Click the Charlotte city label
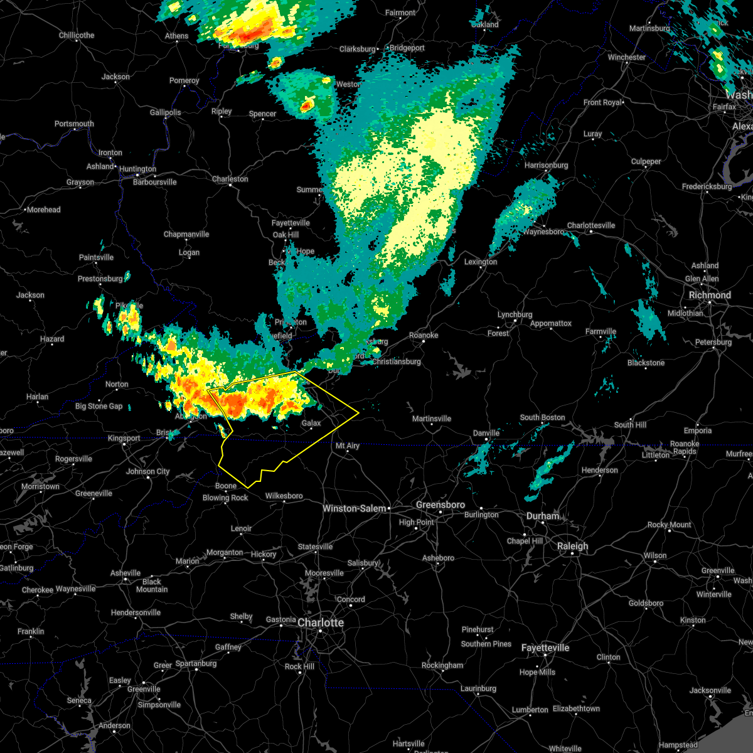pyautogui.click(x=321, y=622)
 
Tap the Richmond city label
pyautogui.click(x=710, y=295)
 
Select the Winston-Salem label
pyautogui.click(x=355, y=508)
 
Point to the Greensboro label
pyautogui.click(x=441, y=505)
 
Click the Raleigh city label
pyautogui.click(x=573, y=546)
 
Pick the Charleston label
pyautogui.click(x=230, y=179)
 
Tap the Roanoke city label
pyautogui.click(x=424, y=335)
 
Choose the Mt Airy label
pyautogui.click(x=348, y=446)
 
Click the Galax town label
pyautogui.click(x=311, y=424)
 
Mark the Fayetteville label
pyautogui.click(x=545, y=648)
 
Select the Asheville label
pyautogui.click(x=125, y=573)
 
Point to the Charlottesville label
pyautogui.click(x=591, y=225)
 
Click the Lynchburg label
pyautogui.click(x=515, y=314)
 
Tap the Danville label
pyautogui.click(x=486, y=433)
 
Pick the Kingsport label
pyautogui.click(x=124, y=438)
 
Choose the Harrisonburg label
pyautogui.click(x=546, y=165)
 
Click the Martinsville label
pyautogui.click(x=432, y=419)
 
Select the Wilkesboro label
pyautogui.click(x=284, y=496)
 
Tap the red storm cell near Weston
pyautogui.click(x=306, y=105)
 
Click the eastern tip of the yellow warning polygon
pyautogui.click(x=358, y=412)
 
